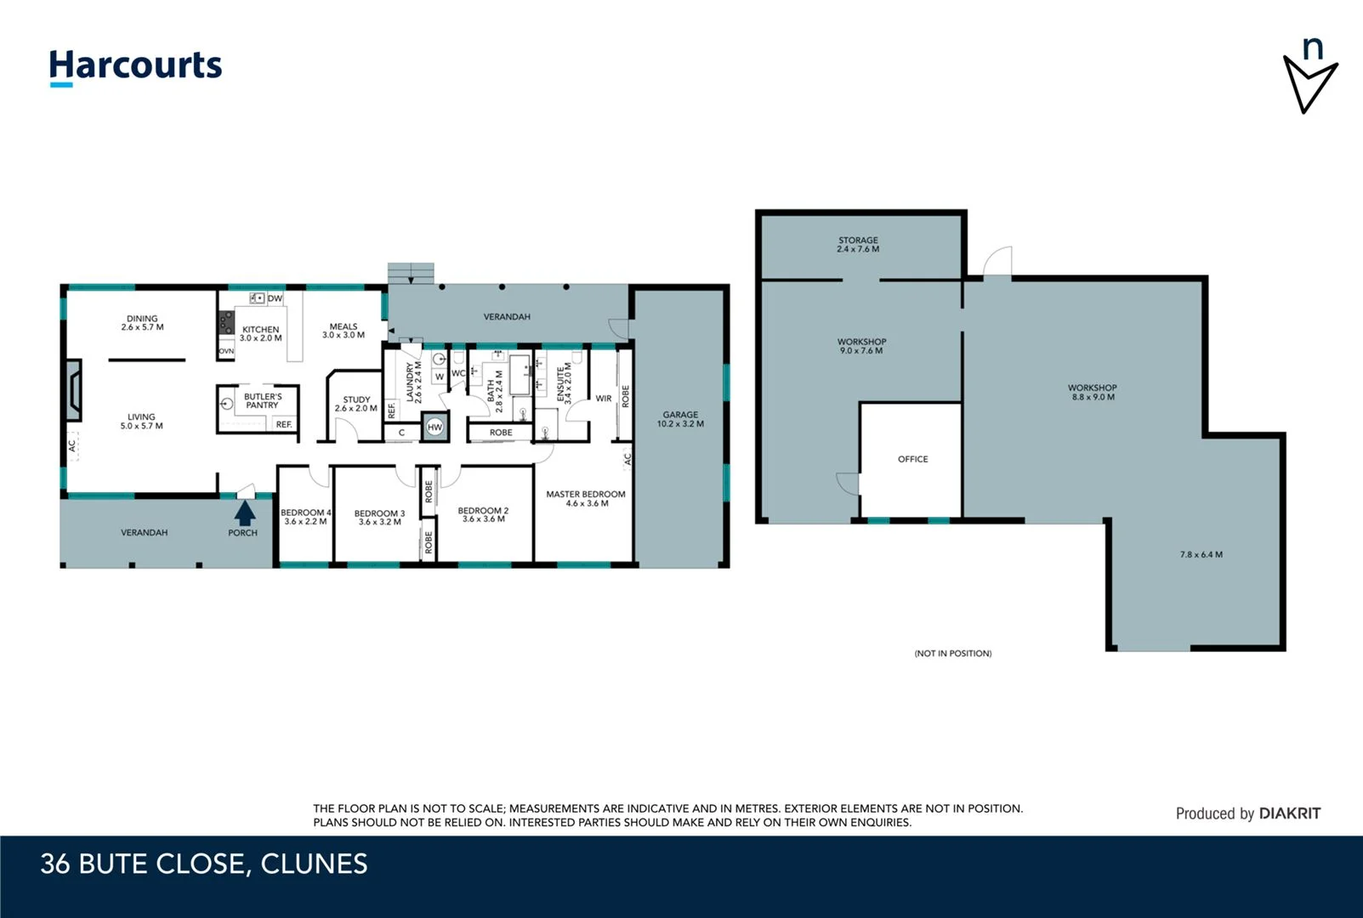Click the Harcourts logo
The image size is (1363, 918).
click(135, 66)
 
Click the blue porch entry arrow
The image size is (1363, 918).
click(245, 513)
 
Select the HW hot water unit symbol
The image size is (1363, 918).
click(434, 427)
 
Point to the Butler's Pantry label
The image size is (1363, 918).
click(262, 400)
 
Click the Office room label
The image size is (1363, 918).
click(912, 459)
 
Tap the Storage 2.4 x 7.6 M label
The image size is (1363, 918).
click(858, 245)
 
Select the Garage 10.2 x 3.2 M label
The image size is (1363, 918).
click(680, 419)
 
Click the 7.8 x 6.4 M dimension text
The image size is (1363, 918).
click(1201, 554)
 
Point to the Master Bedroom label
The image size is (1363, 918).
click(585, 498)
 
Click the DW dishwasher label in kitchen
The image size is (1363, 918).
click(275, 298)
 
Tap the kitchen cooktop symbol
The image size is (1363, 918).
click(226, 322)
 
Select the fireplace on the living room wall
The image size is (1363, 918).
click(73, 390)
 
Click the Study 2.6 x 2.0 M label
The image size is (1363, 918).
click(355, 404)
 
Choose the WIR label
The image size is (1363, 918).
click(603, 398)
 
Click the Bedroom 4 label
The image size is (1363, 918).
click(305, 517)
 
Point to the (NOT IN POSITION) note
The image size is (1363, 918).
click(952, 653)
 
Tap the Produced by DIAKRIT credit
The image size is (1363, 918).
click(1247, 813)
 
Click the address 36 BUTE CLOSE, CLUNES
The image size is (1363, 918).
click(204, 864)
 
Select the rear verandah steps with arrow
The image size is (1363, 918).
click(412, 274)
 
